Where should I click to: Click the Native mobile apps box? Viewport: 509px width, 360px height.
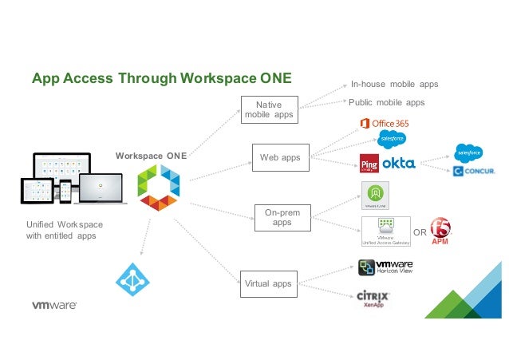click(269, 109)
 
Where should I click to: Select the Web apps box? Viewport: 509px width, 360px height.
click(280, 157)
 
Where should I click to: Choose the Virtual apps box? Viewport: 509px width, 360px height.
click(269, 283)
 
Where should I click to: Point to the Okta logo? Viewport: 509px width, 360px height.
click(399, 163)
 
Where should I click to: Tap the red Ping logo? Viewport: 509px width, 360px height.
click(369, 163)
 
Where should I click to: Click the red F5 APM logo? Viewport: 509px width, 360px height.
click(441, 231)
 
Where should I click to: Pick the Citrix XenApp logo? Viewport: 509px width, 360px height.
click(373, 299)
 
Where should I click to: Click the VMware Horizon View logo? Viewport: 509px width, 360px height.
click(385, 266)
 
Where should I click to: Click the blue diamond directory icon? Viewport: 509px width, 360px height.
click(132, 279)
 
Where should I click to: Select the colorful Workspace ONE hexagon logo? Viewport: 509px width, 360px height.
click(158, 189)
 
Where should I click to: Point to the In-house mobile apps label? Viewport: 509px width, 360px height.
click(395, 84)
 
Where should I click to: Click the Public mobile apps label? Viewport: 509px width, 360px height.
click(387, 102)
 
